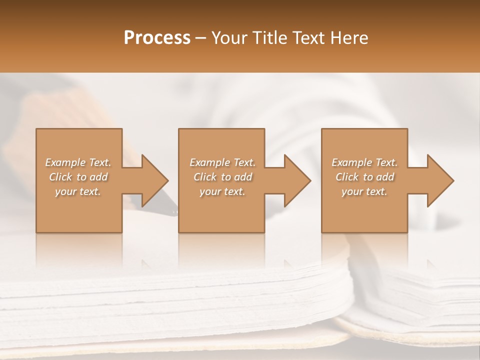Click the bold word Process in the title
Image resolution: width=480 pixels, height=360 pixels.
pyautogui.click(x=157, y=38)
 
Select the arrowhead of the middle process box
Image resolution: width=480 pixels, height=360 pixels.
pyautogui.click(x=296, y=180)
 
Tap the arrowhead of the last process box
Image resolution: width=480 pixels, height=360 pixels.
pyautogui.click(x=438, y=180)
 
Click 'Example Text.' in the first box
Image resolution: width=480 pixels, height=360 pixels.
pyautogui.click(x=78, y=162)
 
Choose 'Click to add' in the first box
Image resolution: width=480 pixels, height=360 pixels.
pyautogui.click(x=78, y=177)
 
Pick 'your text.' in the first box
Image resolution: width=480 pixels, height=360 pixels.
pyautogui.click(x=78, y=191)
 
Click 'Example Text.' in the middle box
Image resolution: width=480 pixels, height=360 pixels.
pyautogui.click(x=222, y=162)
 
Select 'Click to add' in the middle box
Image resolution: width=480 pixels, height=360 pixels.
pyautogui.click(x=222, y=177)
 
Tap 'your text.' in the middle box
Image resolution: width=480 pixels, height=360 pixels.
pyautogui.click(x=222, y=191)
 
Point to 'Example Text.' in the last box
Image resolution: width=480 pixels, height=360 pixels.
pyautogui.click(x=364, y=162)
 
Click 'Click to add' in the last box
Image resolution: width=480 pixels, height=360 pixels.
pyautogui.click(x=364, y=177)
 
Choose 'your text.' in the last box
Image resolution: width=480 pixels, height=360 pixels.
pyautogui.click(x=364, y=191)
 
